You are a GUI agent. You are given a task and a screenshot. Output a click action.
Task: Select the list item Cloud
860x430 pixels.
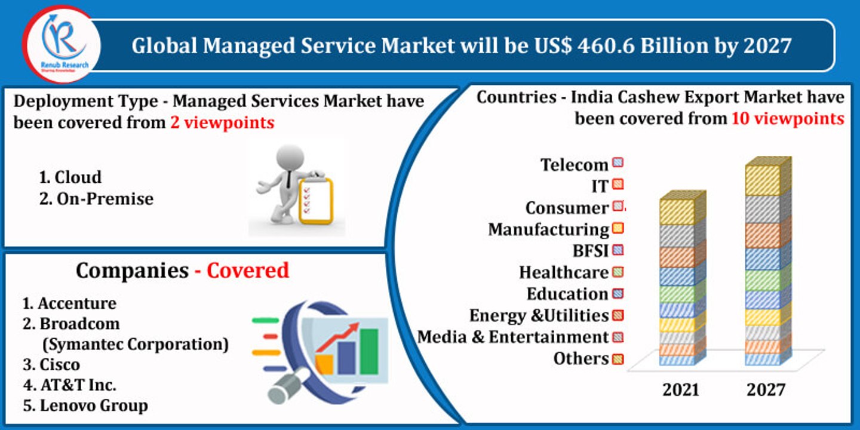click(78, 177)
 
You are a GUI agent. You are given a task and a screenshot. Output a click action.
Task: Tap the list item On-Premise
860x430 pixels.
click(105, 199)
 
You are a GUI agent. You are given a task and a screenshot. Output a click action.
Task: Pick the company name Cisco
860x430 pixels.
click(59, 365)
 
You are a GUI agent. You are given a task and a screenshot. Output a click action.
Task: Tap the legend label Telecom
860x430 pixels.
click(574, 165)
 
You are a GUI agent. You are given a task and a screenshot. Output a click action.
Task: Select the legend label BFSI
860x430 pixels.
click(590, 251)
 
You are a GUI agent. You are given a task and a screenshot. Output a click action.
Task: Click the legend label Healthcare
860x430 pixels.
click(563, 273)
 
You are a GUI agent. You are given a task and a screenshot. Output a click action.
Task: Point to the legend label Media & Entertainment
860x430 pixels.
click(512, 337)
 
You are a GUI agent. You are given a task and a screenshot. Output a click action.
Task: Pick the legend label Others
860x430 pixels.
click(580, 359)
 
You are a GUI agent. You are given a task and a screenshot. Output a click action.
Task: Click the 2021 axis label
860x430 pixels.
click(681, 390)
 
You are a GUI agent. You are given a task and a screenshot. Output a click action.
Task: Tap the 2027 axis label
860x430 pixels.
click(766, 390)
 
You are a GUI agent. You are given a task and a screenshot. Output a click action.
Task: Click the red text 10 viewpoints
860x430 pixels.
click(788, 119)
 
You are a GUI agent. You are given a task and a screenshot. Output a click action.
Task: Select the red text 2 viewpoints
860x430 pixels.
click(222, 122)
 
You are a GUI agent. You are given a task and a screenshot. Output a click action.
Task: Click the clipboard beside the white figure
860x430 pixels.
click(315, 200)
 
